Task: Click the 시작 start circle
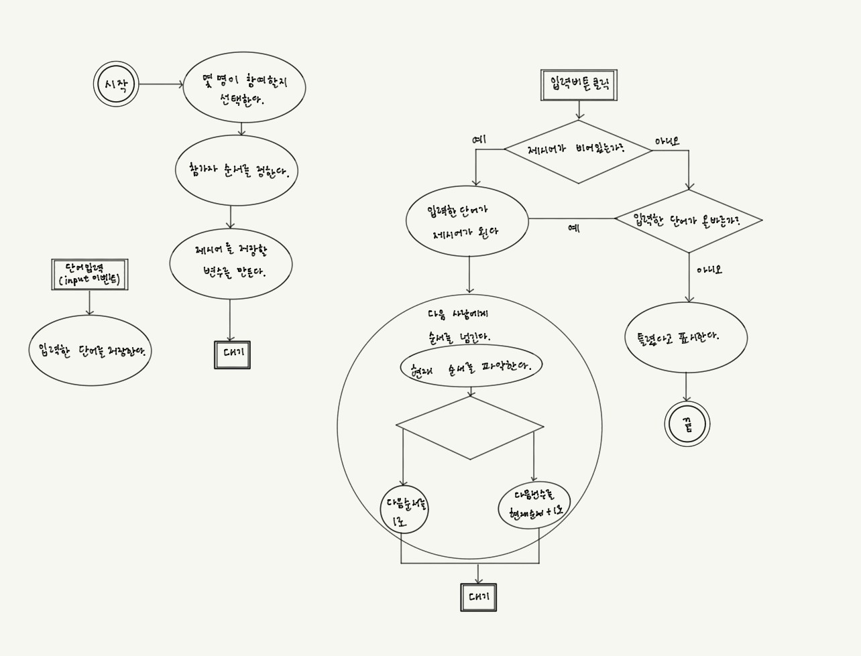point(116,84)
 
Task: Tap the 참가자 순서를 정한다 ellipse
point(236,170)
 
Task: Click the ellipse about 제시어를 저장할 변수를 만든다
point(231,263)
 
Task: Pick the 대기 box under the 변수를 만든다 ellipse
point(232,354)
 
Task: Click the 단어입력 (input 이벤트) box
point(90,275)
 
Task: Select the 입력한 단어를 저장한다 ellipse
point(91,350)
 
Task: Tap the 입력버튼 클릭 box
point(579,85)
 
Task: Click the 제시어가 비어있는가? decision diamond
point(577,151)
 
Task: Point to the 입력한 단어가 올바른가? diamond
point(688,220)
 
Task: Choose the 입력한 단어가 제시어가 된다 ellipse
point(467,221)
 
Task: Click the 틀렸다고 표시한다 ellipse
point(686,337)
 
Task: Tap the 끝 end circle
point(687,424)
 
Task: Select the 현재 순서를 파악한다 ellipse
point(471,366)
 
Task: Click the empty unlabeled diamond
point(470,428)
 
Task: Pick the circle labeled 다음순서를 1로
point(404,509)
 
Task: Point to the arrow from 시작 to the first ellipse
point(160,84)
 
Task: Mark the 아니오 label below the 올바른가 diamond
point(709,270)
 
